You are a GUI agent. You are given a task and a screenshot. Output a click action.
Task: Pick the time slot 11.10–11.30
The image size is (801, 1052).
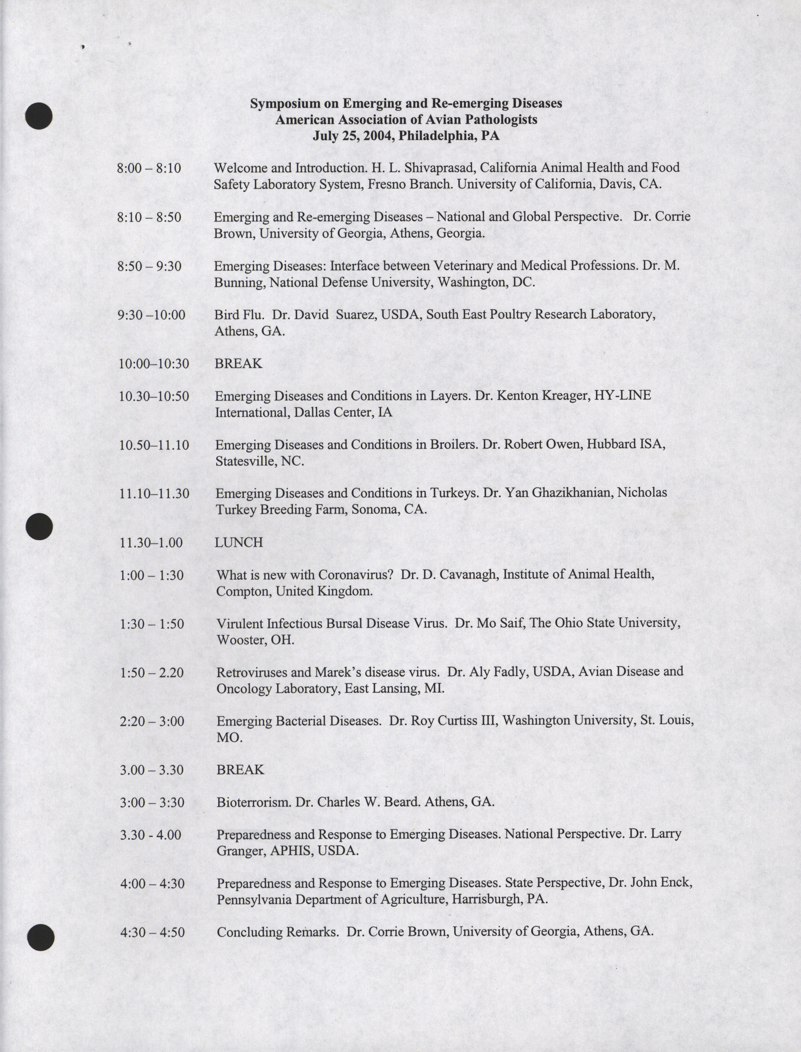click(x=154, y=493)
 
